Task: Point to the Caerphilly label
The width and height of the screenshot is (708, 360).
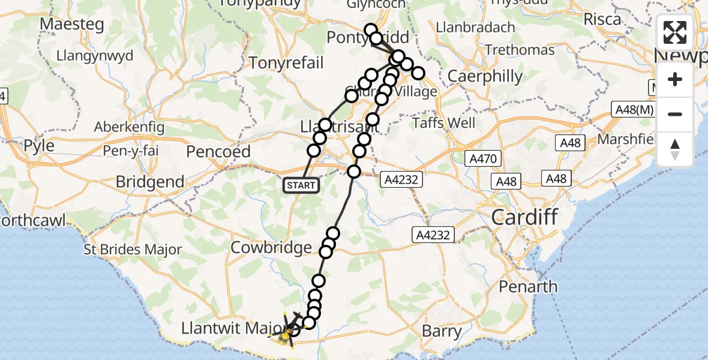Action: (x=485, y=77)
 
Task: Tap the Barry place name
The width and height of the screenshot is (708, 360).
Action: (x=442, y=331)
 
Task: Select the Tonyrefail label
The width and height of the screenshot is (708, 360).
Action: (x=286, y=63)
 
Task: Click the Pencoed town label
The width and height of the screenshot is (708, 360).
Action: (x=218, y=151)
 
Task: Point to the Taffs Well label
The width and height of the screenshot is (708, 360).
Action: (x=444, y=124)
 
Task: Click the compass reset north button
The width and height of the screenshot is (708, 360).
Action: (x=675, y=149)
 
